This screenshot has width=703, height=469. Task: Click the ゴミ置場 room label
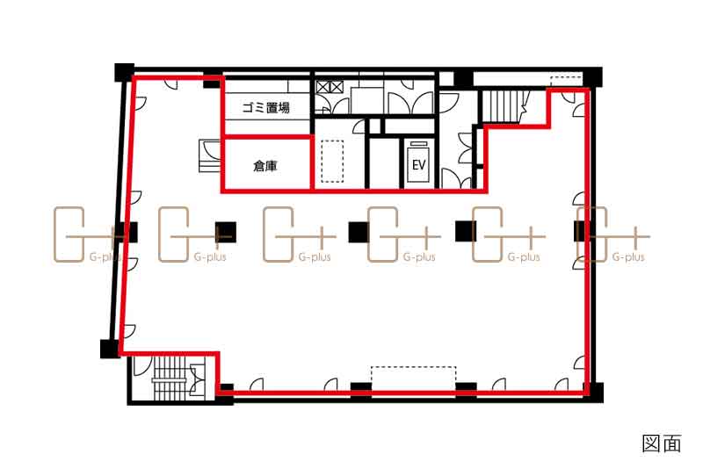point(266,107)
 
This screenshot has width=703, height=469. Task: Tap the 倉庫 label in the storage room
point(265,166)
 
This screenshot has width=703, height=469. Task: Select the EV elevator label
point(419,164)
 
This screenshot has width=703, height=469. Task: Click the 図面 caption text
point(662,444)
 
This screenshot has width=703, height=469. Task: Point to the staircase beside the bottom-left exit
point(170,378)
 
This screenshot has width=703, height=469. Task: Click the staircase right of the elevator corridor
point(501,105)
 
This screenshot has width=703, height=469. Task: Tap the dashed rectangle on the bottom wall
point(413,379)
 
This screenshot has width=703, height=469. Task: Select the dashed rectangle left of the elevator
point(333,162)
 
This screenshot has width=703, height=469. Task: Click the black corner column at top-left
point(125,73)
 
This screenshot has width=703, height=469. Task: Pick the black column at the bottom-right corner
point(595,393)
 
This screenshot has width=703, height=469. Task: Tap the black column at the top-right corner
point(592,77)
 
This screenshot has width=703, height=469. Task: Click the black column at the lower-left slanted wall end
point(109,349)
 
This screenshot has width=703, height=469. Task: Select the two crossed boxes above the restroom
point(330,87)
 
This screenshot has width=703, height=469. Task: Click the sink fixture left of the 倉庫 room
point(210,155)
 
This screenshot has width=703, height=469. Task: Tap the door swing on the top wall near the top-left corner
point(171,84)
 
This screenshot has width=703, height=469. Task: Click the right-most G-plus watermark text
point(628,257)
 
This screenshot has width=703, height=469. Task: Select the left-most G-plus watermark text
point(105,257)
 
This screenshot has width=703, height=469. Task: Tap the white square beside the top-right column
point(446,78)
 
